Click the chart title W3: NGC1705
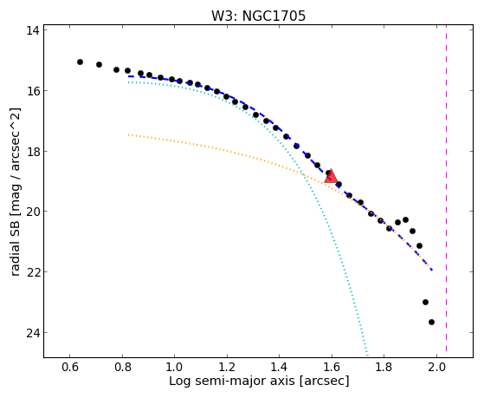(258, 16)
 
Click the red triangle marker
(331, 177)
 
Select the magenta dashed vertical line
(446, 191)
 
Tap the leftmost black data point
(80, 62)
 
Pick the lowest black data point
(431, 322)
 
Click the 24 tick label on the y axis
(32, 333)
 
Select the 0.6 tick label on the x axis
(70, 367)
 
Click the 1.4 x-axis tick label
(280, 367)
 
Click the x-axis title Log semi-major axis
(231, 381)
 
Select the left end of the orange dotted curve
(129, 134)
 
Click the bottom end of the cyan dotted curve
(367, 356)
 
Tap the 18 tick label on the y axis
(32, 152)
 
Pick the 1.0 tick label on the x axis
(174, 367)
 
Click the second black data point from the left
(99, 64)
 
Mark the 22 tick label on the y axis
(32, 272)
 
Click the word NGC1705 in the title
(274, 16)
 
